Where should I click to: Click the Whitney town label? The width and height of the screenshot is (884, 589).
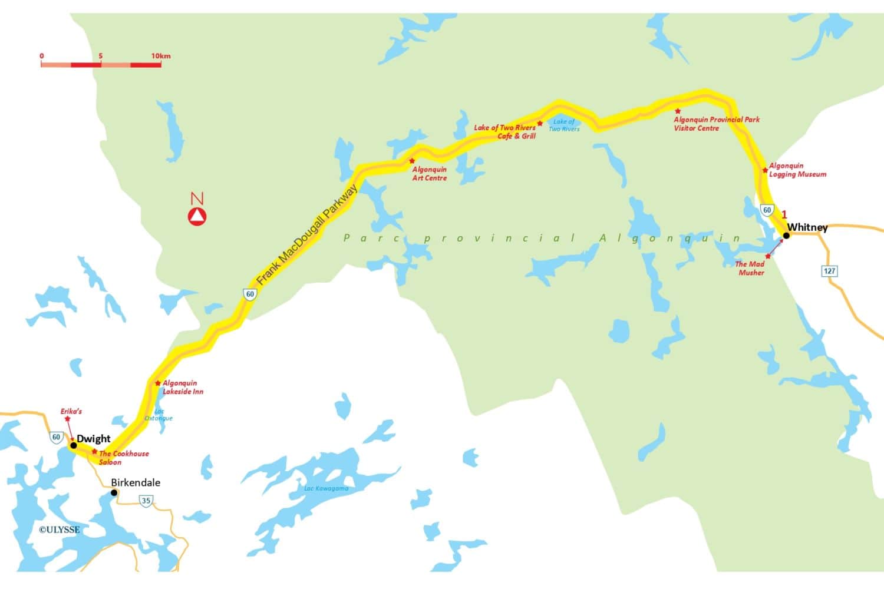coord(807,227)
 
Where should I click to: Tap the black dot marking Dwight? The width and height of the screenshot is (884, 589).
coord(74,445)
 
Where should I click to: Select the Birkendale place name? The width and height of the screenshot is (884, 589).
coord(136,482)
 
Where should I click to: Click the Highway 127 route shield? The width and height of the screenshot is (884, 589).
coord(830,271)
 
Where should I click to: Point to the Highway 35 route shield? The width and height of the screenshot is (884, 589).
coord(146,501)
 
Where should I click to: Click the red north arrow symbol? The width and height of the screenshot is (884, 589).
coord(197,217)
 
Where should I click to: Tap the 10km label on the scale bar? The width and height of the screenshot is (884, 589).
coord(161,56)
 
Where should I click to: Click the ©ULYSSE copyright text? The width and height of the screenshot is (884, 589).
coord(59,530)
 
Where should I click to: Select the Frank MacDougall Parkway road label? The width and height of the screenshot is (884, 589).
coord(307,234)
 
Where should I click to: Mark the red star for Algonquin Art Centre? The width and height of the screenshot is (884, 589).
coord(412,161)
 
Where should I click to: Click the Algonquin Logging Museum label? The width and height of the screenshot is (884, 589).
coord(797,170)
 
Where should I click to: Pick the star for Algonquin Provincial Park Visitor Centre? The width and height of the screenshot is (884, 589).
coord(678,111)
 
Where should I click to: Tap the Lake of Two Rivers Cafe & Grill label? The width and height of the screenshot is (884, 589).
coord(506,131)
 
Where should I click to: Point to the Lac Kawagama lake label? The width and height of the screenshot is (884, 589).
coord(326,488)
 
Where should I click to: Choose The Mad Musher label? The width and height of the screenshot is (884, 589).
coord(750,268)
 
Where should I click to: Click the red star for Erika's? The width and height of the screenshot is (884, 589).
coord(67,419)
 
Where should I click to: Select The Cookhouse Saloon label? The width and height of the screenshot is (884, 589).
coord(123,458)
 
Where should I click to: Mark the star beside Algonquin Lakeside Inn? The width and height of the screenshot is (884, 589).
coord(158,383)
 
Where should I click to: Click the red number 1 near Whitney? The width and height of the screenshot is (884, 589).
coord(784,215)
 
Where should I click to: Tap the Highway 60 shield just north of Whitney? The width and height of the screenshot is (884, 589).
coord(767,210)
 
